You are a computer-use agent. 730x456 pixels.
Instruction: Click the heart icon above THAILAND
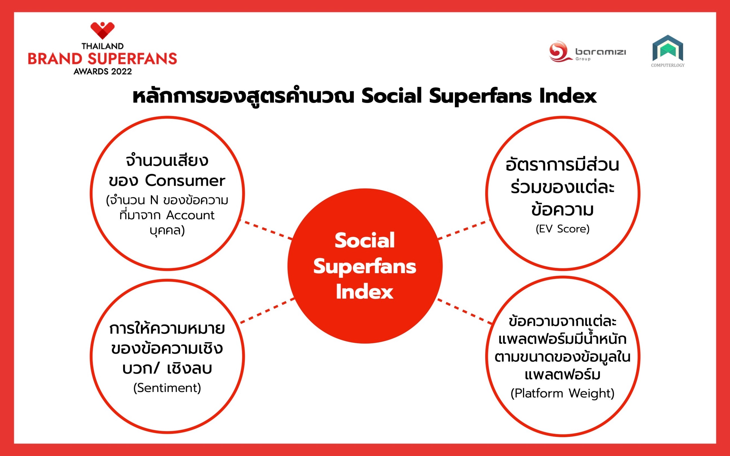pyautogui.click(x=103, y=30)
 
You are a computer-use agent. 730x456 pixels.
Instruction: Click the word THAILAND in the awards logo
pyautogui.click(x=103, y=46)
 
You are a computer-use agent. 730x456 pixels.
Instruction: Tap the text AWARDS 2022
pyautogui.click(x=103, y=72)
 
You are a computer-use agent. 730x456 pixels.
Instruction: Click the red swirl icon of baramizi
pyautogui.click(x=560, y=52)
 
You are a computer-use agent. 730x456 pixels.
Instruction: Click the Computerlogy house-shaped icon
pyautogui.click(x=668, y=48)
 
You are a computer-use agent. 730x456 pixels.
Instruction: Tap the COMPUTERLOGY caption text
pyautogui.click(x=668, y=65)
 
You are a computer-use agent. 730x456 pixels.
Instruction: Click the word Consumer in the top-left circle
pyautogui.click(x=185, y=181)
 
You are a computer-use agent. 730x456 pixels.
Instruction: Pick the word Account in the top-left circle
pyautogui.click(x=190, y=215)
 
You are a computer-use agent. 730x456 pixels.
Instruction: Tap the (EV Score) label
pyautogui.click(x=563, y=229)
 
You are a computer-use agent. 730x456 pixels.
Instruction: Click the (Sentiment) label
pyautogui.click(x=167, y=388)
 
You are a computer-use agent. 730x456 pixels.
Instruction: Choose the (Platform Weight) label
pyautogui.click(x=563, y=393)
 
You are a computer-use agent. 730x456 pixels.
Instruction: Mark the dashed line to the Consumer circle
pyautogui.click(x=266, y=230)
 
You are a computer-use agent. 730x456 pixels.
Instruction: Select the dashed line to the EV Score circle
pyautogui.click(x=464, y=230)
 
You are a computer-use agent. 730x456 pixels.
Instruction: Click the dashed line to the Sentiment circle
pyautogui.click(x=267, y=311)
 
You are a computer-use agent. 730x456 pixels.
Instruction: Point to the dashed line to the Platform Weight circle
pyautogui.click(x=465, y=311)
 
